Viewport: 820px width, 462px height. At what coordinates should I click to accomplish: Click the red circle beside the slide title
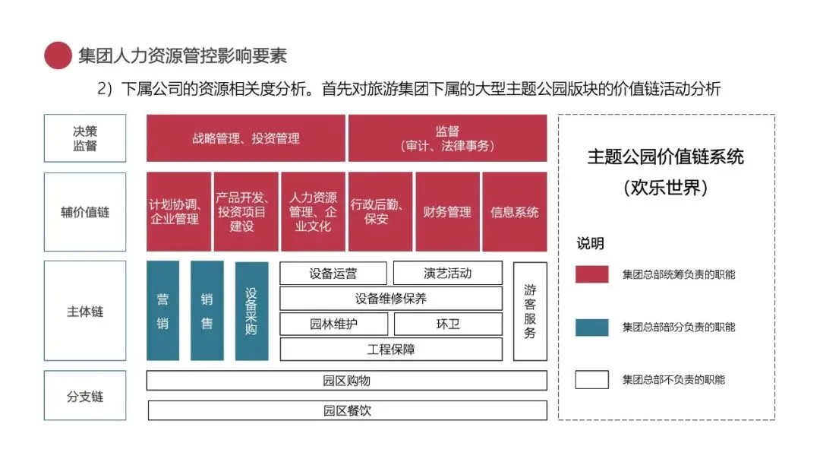pos(58,55)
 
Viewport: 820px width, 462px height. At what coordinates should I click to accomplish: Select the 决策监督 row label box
pos(85,138)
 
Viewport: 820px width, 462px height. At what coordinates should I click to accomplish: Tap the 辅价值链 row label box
pos(85,212)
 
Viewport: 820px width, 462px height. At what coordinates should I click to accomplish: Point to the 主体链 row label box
pos(85,311)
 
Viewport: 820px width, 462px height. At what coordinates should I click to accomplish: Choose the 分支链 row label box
pos(85,396)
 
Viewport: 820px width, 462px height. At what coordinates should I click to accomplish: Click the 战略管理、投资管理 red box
pos(245,138)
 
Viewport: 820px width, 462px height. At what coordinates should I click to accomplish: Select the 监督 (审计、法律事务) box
pos(447,138)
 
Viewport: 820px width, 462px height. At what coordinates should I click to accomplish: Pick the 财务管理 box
pos(447,212)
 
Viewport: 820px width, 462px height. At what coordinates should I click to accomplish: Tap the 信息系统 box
pos(514,212)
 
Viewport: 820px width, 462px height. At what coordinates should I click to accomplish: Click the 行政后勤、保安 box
pos(380,212)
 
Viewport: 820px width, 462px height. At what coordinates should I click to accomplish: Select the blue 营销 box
pos(162,311)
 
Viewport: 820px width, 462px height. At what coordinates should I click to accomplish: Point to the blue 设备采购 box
pos(251,311)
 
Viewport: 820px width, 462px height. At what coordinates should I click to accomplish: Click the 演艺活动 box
pos(447,273)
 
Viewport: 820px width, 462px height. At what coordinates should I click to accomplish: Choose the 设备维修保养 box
pos(391,298)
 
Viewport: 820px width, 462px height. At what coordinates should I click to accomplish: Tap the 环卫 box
pos(447,324)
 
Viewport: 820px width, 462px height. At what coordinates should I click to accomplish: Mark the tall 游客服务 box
pos(530,311)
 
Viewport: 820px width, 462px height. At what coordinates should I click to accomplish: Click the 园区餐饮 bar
pos(347,411)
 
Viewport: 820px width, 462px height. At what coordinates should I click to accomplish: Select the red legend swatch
pos(591,274)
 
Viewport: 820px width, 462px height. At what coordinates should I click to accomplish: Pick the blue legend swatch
pos(591,327)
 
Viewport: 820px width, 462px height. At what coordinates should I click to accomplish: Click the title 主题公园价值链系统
pos(665,157)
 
